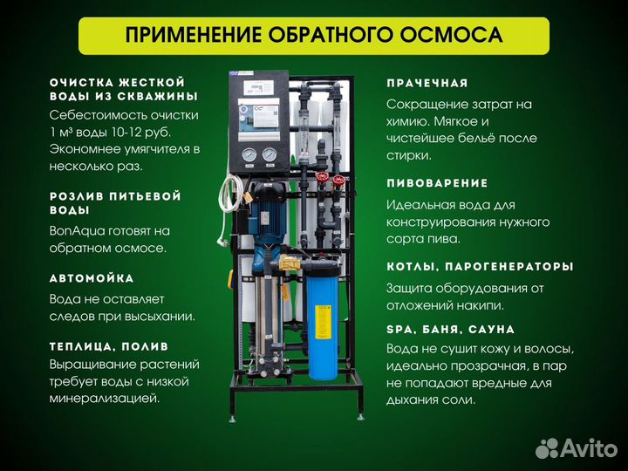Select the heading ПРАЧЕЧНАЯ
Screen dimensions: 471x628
433,83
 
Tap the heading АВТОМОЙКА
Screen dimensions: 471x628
92,278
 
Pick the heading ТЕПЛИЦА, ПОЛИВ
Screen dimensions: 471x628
109,346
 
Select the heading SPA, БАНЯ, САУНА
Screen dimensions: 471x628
450,329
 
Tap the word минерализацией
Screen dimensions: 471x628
105,398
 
